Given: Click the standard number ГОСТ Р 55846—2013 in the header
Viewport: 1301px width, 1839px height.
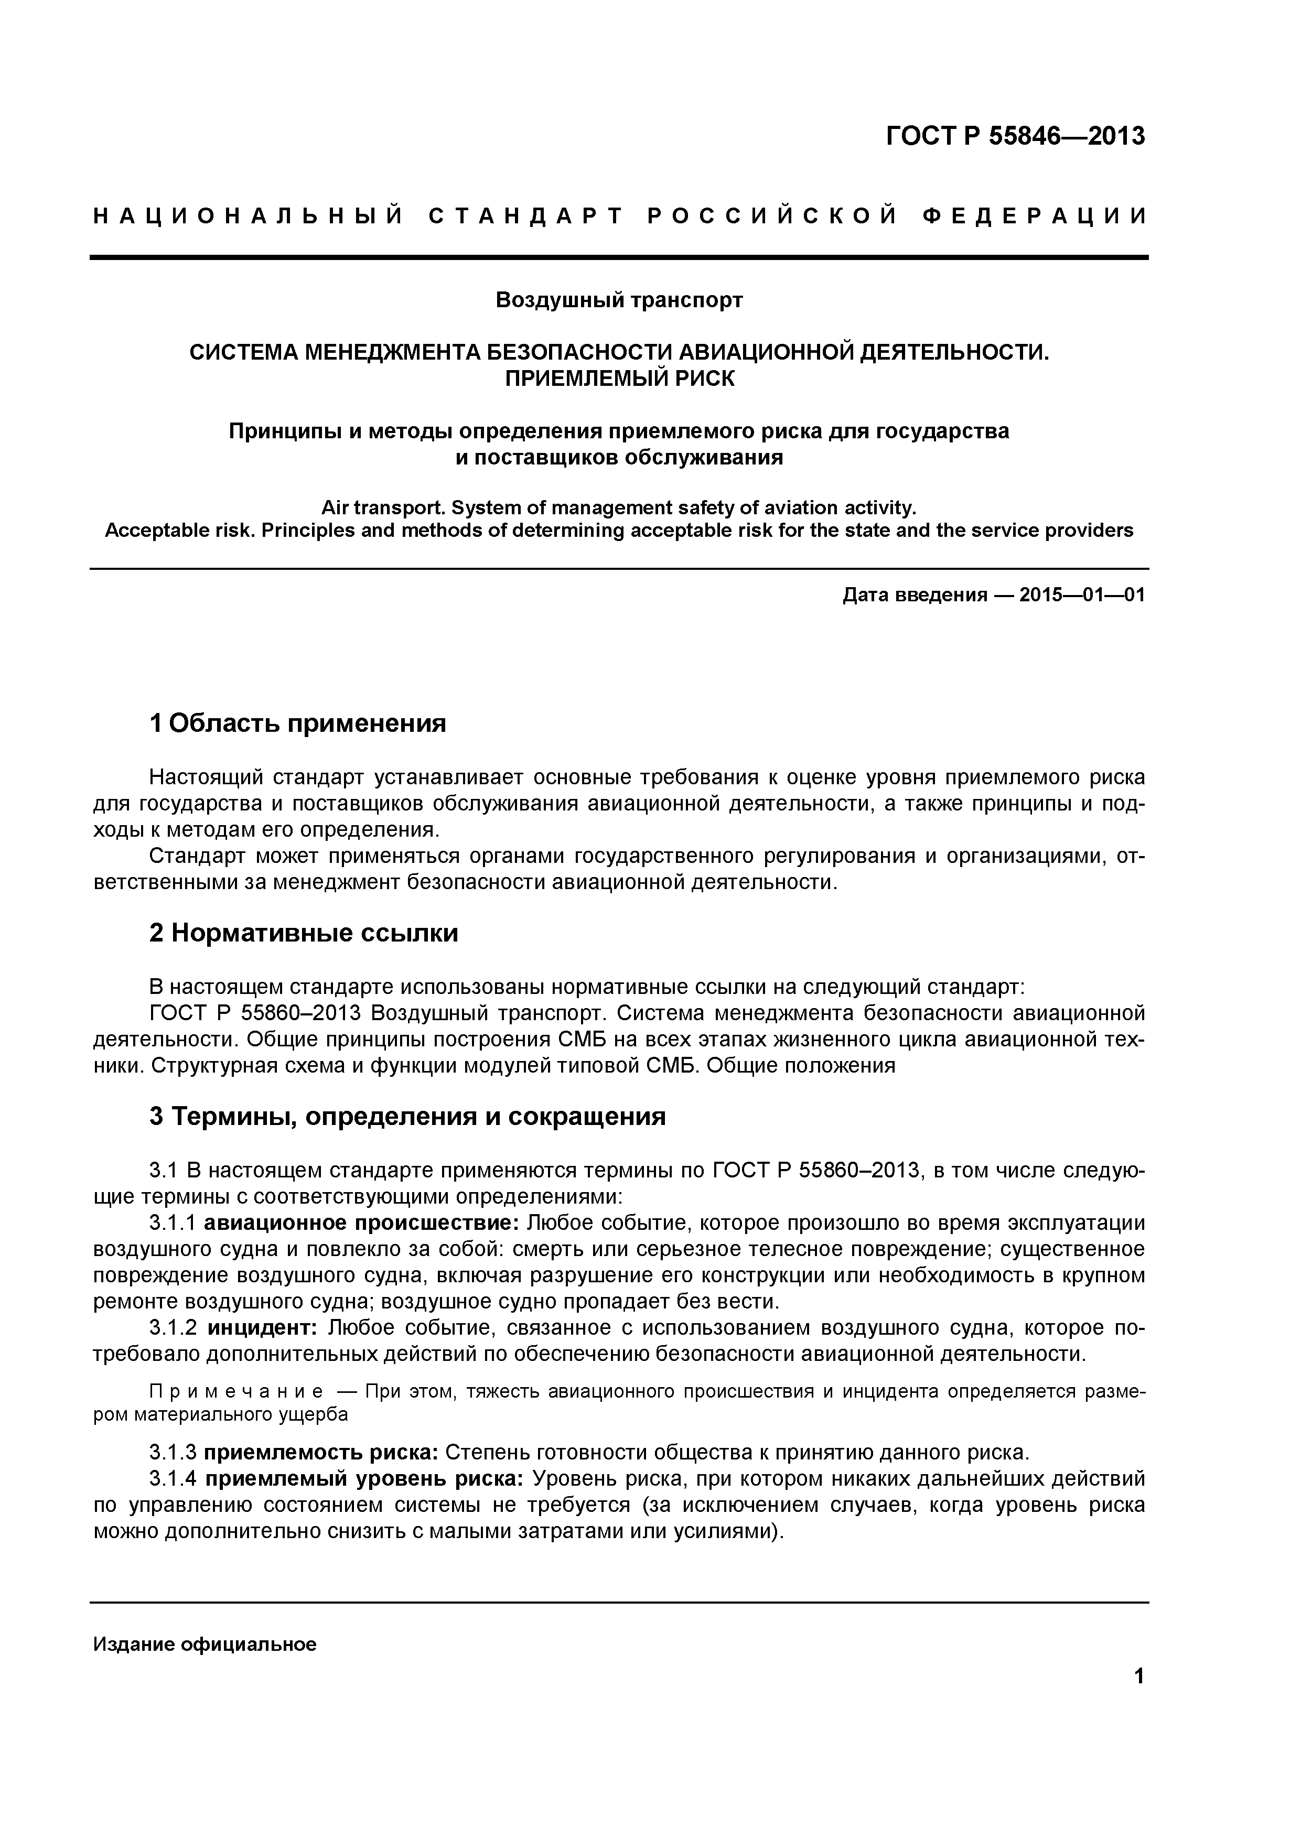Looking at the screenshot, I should (1015, 137).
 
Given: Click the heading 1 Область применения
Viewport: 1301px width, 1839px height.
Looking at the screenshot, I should (297, 723).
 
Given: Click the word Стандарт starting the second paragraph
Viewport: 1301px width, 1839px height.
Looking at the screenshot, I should (197, 856).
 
